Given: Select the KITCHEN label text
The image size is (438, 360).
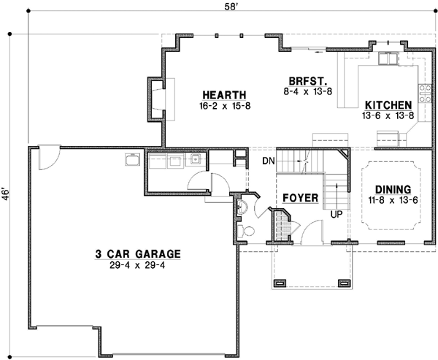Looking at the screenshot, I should coord(388,105).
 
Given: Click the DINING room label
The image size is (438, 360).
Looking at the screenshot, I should coord(388,188).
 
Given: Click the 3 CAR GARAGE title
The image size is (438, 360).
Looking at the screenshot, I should coord(137,254).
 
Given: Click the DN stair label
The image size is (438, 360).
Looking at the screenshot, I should coord(267,160).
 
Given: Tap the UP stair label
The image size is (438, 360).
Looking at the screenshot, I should coord(337,215).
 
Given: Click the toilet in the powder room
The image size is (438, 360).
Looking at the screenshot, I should coord(247,231).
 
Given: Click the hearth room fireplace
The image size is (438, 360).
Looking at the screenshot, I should coord(157,96).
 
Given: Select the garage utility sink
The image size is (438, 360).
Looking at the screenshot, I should coord(132,160).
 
